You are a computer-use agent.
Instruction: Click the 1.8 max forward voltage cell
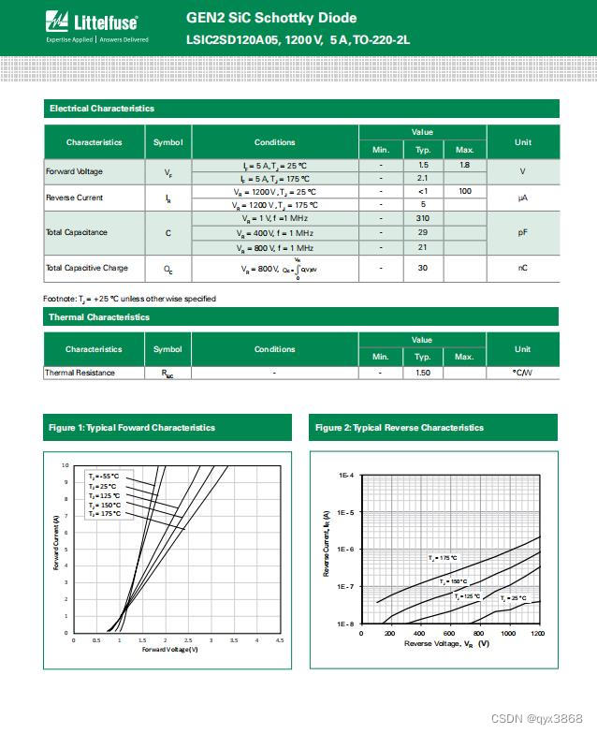tap(464, 165)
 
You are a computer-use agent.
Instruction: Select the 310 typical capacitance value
tap(423, 218)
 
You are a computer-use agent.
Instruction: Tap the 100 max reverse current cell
tap(464, 191)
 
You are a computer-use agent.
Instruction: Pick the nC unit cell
tap(522, 268)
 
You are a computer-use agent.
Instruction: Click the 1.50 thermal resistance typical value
tap(423, 373)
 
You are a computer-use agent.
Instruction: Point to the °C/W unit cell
tap(522, 373)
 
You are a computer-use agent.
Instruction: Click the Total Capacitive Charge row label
tap(87, 268)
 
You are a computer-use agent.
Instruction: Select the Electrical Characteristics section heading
tap(102, 109)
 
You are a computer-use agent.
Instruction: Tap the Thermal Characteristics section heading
tap(99, 317)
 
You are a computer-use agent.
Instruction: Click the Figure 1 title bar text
tap(132, 428)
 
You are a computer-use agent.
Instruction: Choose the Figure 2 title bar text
tap(400, 428)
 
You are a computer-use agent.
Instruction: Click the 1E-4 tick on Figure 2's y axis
tap(345, 477)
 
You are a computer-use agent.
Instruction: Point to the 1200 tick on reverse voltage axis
tap(537, 634)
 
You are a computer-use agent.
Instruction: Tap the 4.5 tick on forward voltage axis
tap(279, 641)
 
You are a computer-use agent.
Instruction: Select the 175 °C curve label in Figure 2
tap(443, 558)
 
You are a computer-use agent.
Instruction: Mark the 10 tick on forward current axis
tap(66, 465)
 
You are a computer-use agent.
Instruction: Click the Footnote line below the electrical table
tap(129, 299)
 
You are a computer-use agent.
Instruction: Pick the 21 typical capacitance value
tap(423, 248)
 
